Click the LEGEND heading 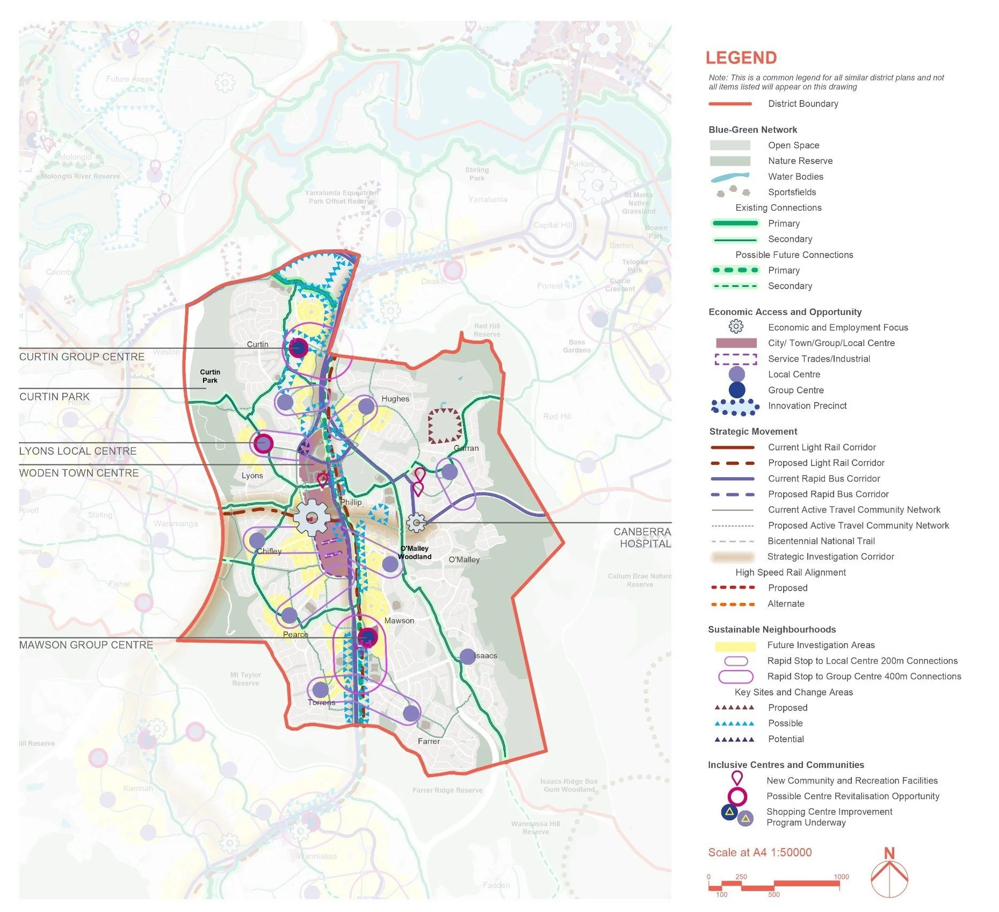[741, 58]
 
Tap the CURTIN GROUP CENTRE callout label [82, 357]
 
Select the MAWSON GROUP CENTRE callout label [86, 645]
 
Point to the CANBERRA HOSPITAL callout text [642, 537]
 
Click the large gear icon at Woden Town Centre [312, 518]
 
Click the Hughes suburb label [395, 399]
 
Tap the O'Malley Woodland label [415, 552]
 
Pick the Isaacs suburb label [486, 656]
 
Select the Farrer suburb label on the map [429, 741]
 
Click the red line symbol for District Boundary [730, 104]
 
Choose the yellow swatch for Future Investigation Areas [735, 645]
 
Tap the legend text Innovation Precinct [807, 406]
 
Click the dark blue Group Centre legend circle [737, 390]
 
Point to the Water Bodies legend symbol [729, 177]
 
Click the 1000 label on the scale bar [841, 877]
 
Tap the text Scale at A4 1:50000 [759, 852]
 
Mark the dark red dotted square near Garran [445, 426]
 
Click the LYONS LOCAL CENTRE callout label [78, 451]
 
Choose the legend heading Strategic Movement [753, 432]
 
